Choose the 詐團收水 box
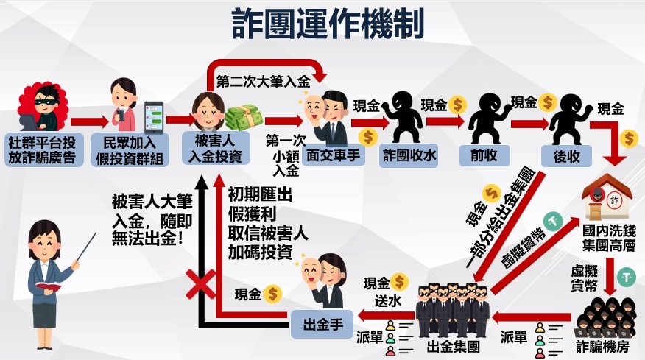click(407, 156)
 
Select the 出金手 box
click(324, 324)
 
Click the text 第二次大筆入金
click(261, 82)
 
